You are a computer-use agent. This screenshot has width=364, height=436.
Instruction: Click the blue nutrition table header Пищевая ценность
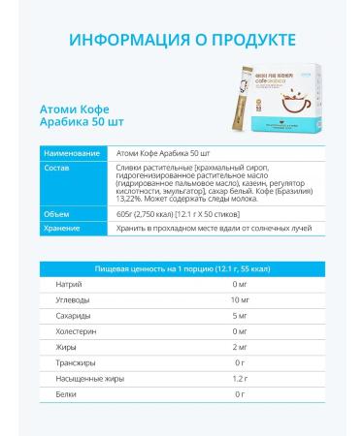[182, 266]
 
